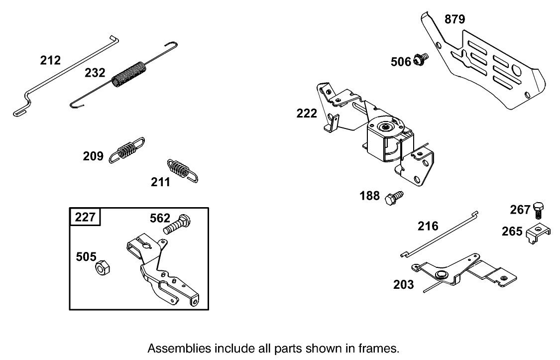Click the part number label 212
click(x=50, y=61)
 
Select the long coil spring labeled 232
click(x=129, y=73)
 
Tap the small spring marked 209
click(x=127, y=149)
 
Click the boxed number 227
click(x=85, y=218)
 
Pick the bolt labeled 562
click(x=177, y=225)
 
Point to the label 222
click(x=307, y=114)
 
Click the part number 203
click(x=403, y=284)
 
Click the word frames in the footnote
click(x=381, y=347)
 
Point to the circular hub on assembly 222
click(x=386, y=126)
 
